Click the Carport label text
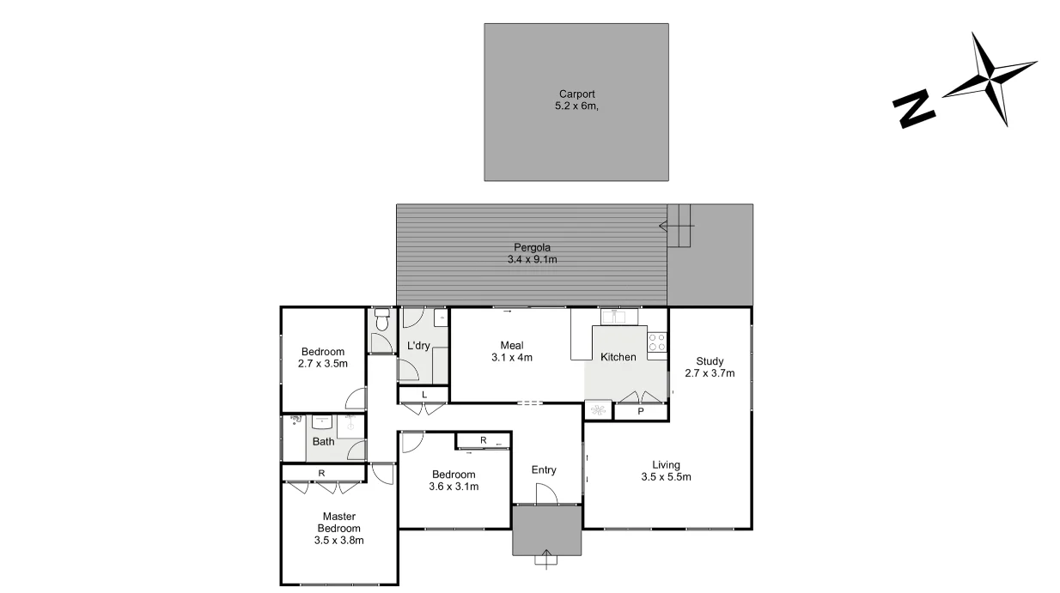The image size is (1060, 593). (576, 100)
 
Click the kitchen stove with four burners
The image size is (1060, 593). (656, 342)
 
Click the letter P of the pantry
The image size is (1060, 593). (641, 412)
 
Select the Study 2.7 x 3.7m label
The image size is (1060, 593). (710, 366)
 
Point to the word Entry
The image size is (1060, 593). (544, 469)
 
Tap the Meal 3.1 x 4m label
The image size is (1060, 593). (512, 351)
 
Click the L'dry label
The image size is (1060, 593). (418, 346)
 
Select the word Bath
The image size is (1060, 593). (323, 442)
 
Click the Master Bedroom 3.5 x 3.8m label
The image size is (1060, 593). (339, 529)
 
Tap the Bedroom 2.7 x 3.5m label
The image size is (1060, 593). (323, 357)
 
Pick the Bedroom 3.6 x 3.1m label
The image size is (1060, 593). (454, 481)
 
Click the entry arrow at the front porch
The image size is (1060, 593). (545, 559)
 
